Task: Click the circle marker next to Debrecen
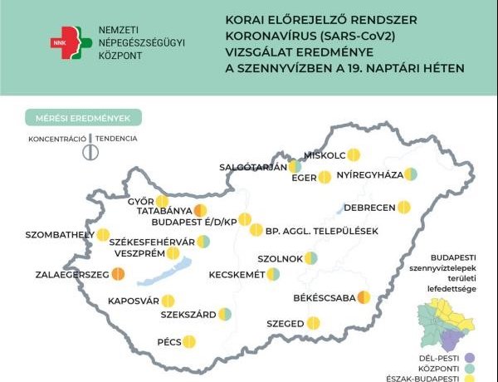404,207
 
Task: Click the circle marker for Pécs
188,340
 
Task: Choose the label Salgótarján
252,166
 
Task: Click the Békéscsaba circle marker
363,297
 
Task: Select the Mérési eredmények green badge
83,117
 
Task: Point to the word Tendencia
116,139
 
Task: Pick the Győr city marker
162,201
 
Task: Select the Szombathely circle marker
103,235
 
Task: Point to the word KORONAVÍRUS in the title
265,37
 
